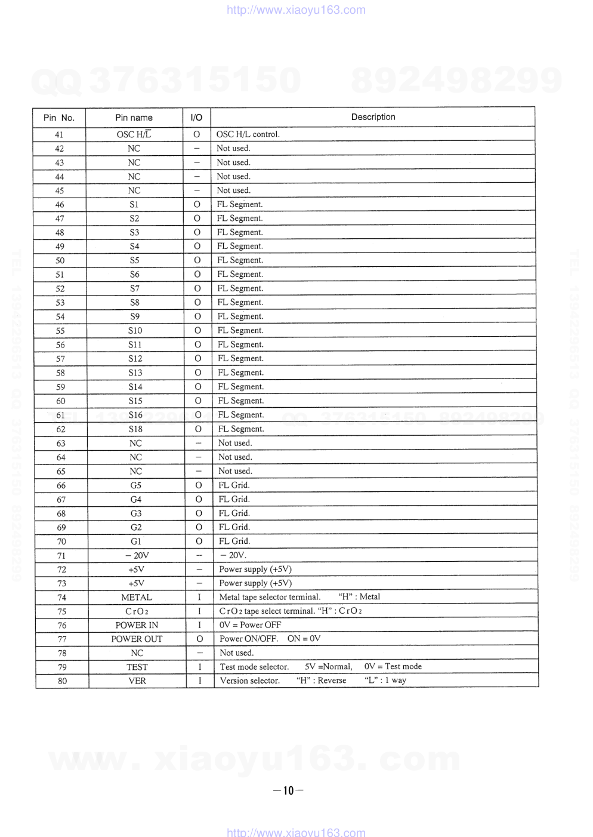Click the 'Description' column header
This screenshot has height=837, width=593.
pyautogui.click(x=373, y=117)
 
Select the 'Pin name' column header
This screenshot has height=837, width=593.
pyautogui.click(x=134, y=118)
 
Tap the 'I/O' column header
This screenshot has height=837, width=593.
pyautogui.click(x=196, y=118)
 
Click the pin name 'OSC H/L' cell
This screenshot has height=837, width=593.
pyautogui.click(x=134, y=134)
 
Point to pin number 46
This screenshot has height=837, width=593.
pyautogui.click(x=60, y=205)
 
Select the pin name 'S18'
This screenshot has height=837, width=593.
pyautogui.click(x=135, y=429)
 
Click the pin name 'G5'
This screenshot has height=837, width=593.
pyautogui.click(x=136, y=485)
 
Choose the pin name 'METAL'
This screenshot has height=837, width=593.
pyautogui.click(x=137, y=597)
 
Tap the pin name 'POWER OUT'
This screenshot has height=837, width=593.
pyautogui.click(x=137, y=639)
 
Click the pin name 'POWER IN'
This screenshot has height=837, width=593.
pyautogui.click(x=137, y=625)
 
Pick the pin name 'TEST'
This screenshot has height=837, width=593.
pyautogui.click(x=137, y=667)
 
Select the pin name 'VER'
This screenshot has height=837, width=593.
pyautogui.click(x=137, y=681)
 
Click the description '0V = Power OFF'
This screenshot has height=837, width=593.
pyautogui.click(x=250, y=624)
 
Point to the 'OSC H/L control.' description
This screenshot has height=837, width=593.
pyautogui.click(x=248, y=134)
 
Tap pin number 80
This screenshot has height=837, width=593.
pyautogui.click(x=62, y=681)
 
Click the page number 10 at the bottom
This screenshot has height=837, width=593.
pyautogui.click(x=288, y=790)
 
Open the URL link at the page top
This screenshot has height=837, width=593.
pyautogui.click(x=296, y=10)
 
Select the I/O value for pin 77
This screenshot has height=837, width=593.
pyautogui.click(x=200, y=639)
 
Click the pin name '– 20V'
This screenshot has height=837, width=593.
pyautogui.click(x=137, y=555)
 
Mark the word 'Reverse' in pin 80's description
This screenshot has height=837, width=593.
pyautogui.click(x=332, y=681)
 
